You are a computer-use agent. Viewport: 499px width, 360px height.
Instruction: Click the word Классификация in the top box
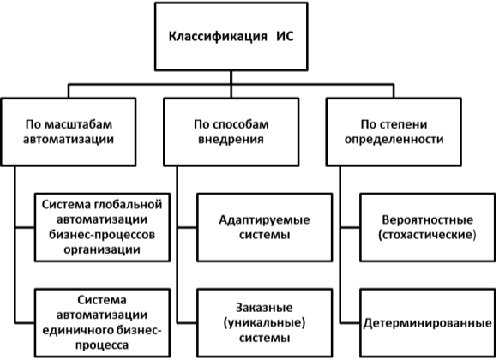point(218,37)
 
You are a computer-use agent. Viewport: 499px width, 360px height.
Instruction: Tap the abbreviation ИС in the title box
point(285,36)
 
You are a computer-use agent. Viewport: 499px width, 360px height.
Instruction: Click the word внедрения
point(231,140)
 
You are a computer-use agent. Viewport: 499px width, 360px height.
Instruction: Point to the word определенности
point(394,140)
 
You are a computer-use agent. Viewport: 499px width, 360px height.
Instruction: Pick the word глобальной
point(129,205)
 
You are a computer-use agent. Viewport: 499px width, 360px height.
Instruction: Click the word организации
point(102,249)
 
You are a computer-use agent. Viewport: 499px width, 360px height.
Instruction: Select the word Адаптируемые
point(264,220)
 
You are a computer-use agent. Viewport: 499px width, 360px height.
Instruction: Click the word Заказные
point(264,308)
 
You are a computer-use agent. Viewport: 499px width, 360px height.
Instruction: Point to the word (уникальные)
point(264,323)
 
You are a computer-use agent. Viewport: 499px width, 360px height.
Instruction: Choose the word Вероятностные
point(427,220)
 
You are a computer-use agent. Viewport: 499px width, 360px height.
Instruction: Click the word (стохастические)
point(427,236)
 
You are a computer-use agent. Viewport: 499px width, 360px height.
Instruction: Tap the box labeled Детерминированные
point(427,323)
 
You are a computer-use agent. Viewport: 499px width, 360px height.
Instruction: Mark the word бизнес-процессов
point(102,235)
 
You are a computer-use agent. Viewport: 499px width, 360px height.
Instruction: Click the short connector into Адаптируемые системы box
point(187,228)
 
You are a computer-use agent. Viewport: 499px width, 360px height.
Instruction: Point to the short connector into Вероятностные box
point(350,228)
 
